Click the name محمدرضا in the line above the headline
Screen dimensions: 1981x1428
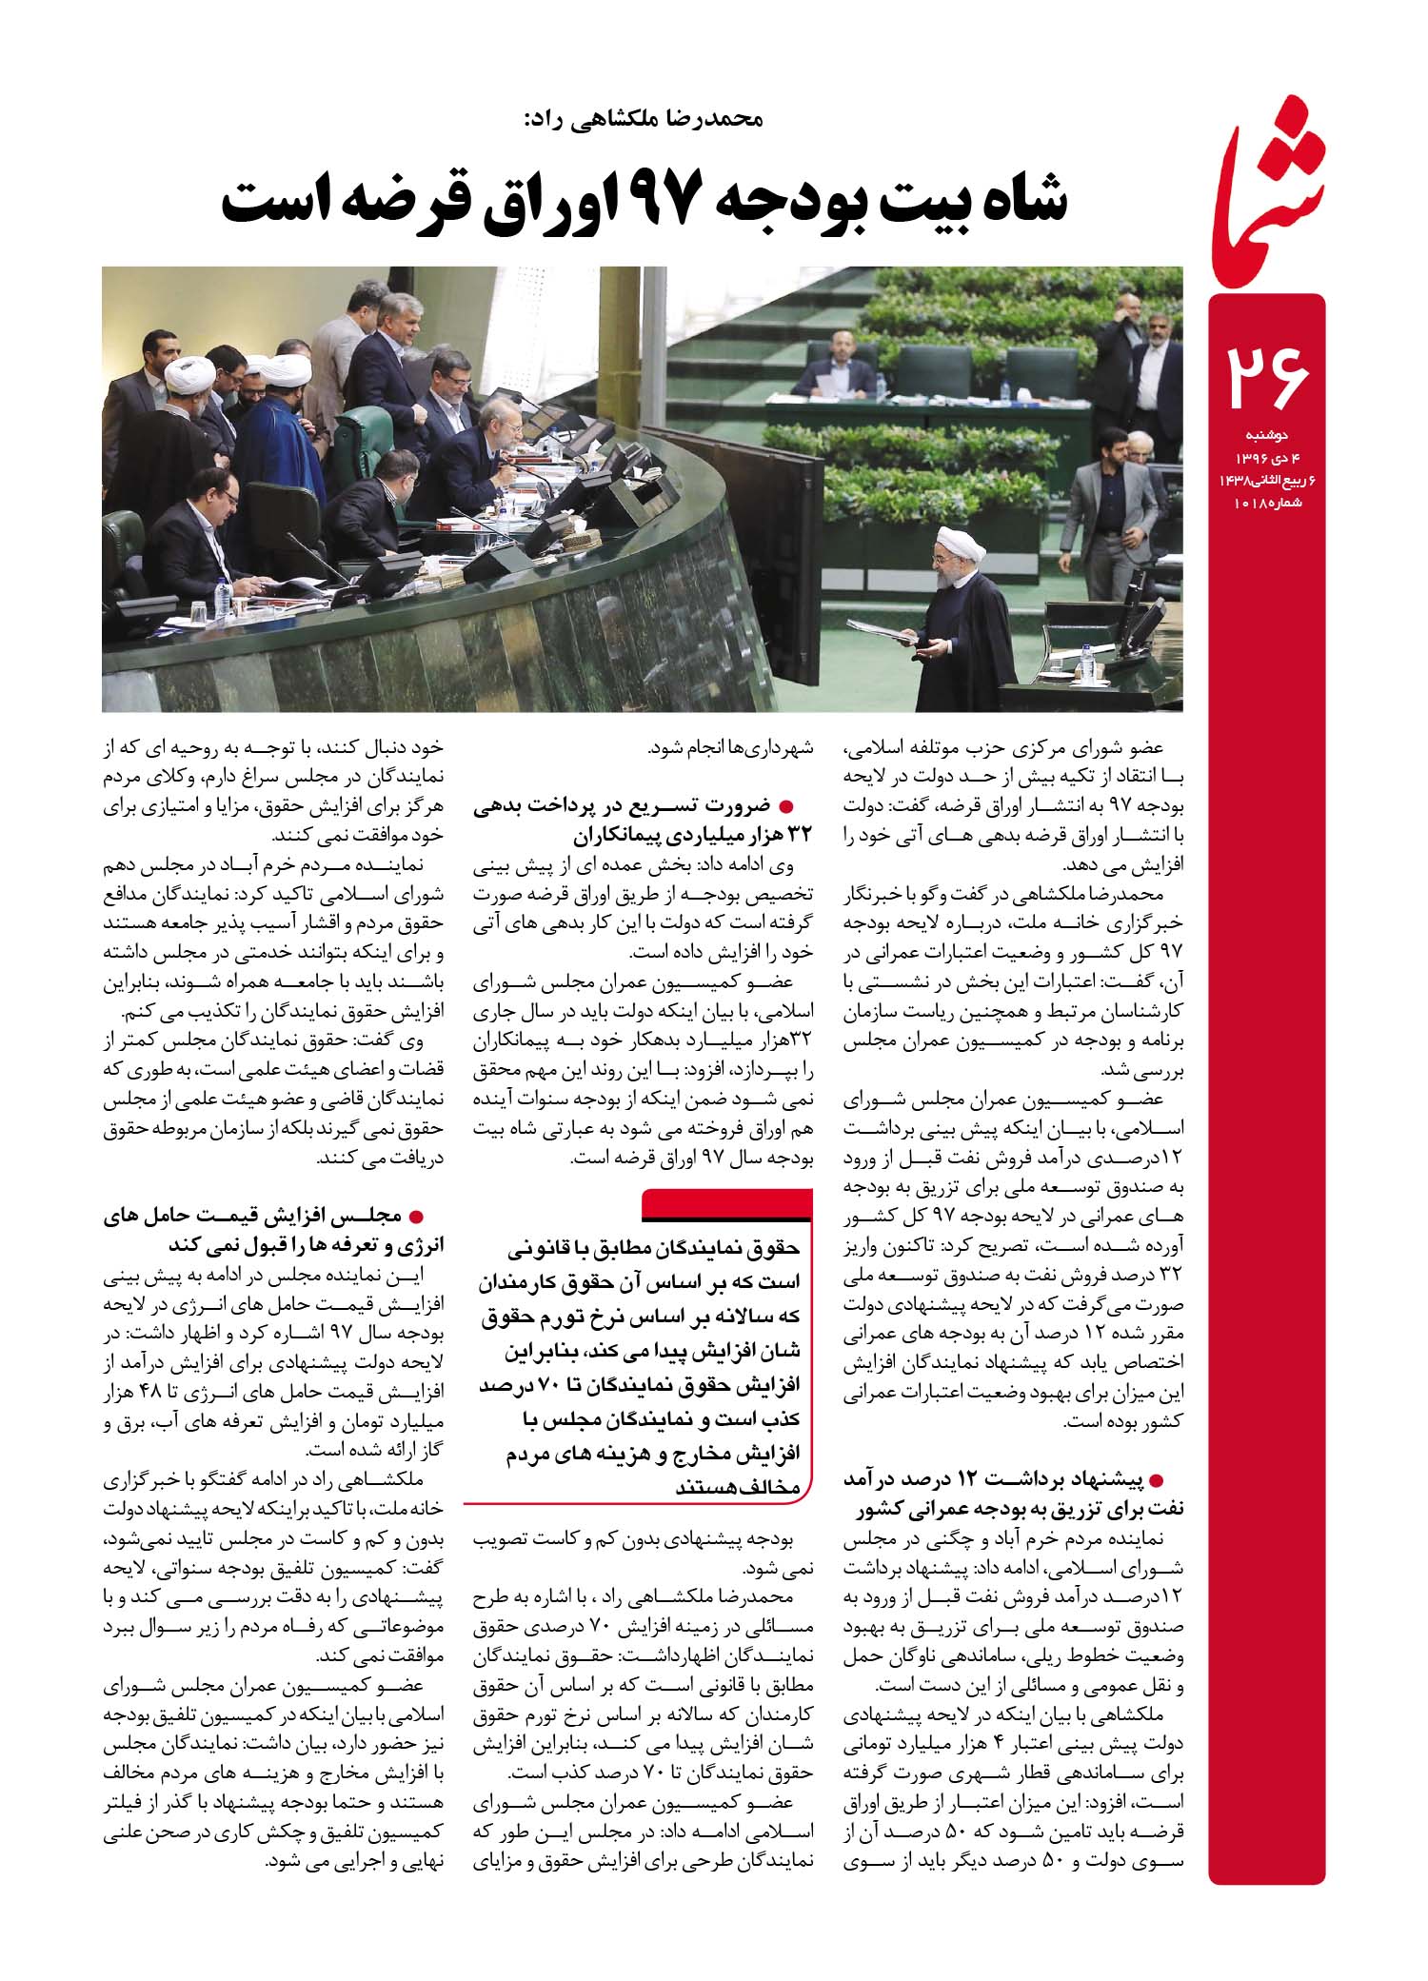pyautogui.click(x=712, y=119)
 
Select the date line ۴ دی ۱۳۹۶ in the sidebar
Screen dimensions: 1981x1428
pyautogui.click(x=1267, y=459)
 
